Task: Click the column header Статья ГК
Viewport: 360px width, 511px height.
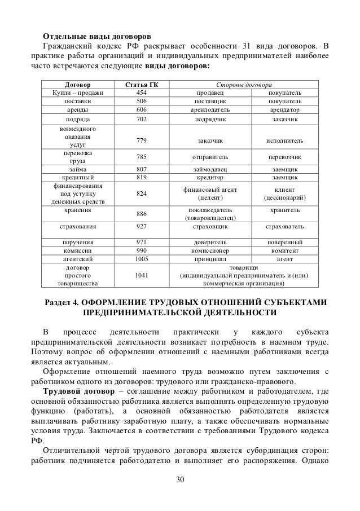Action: tap(138, 84)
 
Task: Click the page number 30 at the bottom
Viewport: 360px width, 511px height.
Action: tap(180, 480)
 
